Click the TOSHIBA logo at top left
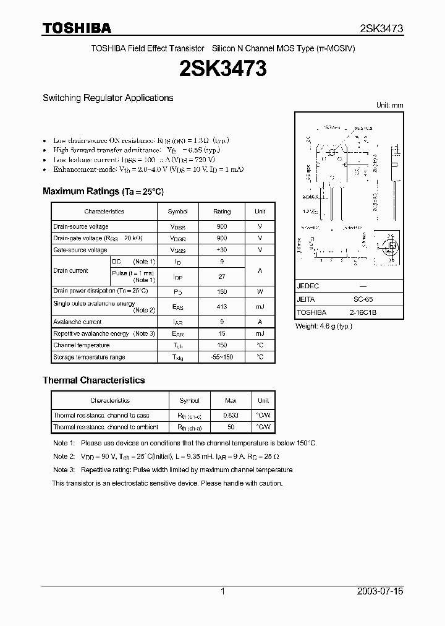click(x=77, y=28)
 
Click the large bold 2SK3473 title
click(x=222, y=69)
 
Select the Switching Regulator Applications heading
click(x=108, y=98)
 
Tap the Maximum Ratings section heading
click(x=103, y=191)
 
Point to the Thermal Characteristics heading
click(x=93, y=380)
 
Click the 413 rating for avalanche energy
click(x=222, y=307)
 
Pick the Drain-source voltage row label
click(x=80, y=226)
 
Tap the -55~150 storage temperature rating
click(x=222, y=357)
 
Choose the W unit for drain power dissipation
click(x=260, y=291)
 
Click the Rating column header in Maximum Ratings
click(x=222, y=212)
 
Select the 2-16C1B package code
click(x=363, y=312)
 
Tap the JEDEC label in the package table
click(x=308, y=287)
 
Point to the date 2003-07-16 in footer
click(x=379, y=591)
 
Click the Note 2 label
click(x=64, y=457)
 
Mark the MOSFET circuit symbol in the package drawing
click(x=390, y=246)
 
